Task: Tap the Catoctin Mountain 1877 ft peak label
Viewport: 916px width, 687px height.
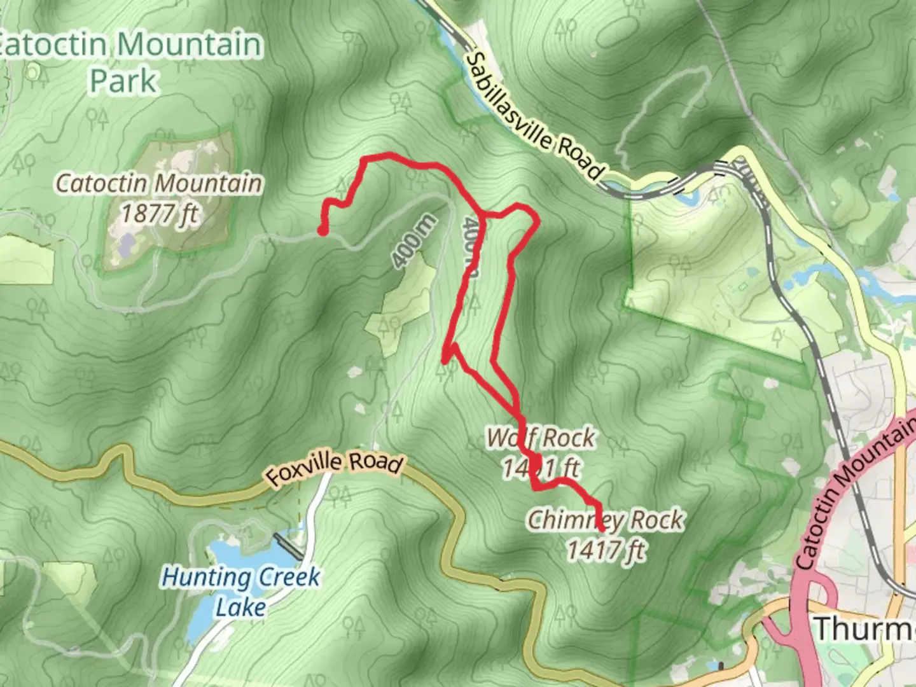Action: click(x=158, y=198)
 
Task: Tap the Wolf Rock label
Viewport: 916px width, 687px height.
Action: click(x=541, y=438)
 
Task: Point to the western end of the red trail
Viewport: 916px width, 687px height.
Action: click(x=323, y=232)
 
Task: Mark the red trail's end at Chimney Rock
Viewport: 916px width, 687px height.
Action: click(x=602, y=528)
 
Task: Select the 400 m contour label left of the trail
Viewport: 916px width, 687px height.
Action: click(x=414, y=241)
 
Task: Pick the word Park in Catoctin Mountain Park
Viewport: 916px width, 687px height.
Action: click(x=123, y=81)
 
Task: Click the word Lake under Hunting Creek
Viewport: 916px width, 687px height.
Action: click(x=240, y=607)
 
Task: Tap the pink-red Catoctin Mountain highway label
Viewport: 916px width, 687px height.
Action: click(x=856, y=496)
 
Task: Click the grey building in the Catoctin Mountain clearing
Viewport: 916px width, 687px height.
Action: click(x=128, y=242)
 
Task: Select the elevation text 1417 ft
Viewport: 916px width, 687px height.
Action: click(x=606, y=550)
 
